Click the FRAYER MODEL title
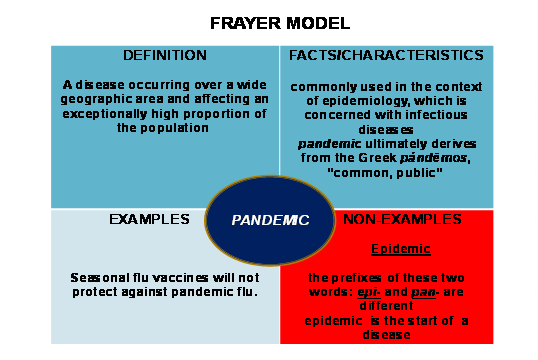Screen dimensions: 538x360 coord(280,23)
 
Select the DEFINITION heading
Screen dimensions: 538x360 coord(165,55)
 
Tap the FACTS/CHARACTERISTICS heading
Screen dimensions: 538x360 coord(386,55)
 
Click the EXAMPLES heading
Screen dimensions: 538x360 coord(149,219)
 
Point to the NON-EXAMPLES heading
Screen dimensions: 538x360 coord(402,219)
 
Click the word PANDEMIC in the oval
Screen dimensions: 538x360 coord(270,220)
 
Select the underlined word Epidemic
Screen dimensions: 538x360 coord(401,249)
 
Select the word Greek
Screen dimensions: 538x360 coord(377,158)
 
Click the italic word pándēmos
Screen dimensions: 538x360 coord(434,158)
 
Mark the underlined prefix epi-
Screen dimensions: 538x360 coord(369,292)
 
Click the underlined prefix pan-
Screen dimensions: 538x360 coord(425,292)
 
